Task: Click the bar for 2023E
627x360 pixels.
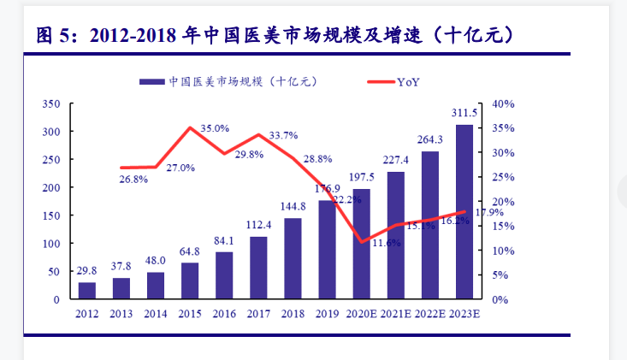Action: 464,212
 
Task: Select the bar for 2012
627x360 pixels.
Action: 87,291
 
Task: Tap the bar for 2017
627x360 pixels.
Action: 258,268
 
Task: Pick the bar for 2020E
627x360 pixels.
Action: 362,244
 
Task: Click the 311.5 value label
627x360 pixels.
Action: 464,114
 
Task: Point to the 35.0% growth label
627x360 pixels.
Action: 215,128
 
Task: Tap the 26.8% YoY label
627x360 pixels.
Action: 133,180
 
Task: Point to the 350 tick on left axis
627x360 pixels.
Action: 50,103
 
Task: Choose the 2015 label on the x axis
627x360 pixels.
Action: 189,314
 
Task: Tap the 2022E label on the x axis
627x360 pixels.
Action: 430,314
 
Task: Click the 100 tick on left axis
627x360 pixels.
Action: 50,244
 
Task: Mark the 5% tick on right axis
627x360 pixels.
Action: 501,275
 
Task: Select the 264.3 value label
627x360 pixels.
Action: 429,139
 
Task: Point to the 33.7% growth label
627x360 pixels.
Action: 283,135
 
